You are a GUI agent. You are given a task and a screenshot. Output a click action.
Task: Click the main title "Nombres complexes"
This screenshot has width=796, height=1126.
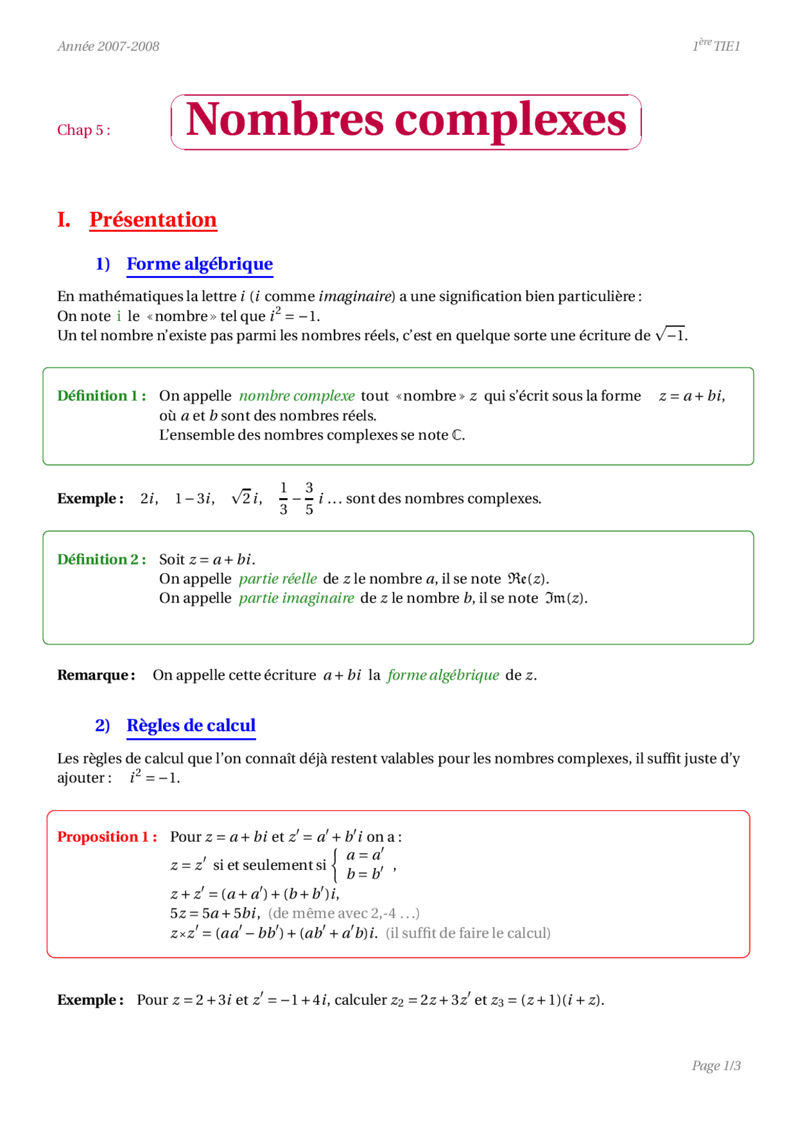405,121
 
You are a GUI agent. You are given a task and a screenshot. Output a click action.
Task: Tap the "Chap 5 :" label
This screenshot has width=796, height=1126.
84,130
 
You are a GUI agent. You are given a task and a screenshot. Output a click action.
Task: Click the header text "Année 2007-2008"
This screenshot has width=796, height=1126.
108,47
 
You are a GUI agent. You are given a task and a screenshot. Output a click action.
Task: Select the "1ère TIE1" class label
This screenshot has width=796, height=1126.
716,45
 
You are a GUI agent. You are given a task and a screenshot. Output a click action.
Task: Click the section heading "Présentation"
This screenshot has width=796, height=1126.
153,219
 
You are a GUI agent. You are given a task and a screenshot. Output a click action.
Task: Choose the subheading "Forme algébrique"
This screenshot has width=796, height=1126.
200,264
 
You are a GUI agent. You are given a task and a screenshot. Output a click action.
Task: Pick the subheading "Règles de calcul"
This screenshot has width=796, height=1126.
191,726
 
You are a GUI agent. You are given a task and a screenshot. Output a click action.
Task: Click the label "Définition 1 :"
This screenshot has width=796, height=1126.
101,396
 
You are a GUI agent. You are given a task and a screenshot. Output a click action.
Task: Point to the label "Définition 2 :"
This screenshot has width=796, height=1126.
101,560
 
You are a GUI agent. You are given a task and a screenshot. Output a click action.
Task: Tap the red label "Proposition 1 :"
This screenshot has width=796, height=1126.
107,837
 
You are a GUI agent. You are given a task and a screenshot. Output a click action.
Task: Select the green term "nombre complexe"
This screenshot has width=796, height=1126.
297,396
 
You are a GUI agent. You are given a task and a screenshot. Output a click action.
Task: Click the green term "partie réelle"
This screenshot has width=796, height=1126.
278,579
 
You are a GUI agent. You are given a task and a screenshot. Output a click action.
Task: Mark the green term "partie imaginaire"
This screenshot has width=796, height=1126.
296,598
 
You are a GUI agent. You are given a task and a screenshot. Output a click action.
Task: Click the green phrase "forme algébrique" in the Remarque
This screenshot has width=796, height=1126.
443,675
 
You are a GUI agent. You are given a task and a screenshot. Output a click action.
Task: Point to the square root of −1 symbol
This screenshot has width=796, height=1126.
670,335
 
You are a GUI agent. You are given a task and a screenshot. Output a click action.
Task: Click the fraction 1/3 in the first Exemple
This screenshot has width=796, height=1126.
284,499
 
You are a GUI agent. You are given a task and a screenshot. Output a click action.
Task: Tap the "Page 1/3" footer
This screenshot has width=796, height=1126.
716,1066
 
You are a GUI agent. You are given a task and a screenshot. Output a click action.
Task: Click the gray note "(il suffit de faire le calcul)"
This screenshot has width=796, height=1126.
468,933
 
